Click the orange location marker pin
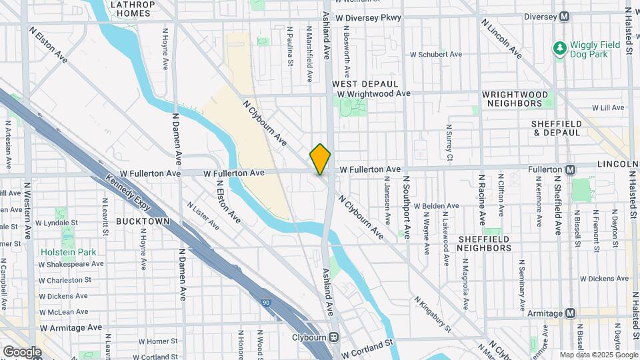click(x=320, y=159)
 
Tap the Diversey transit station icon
click(x=565, y=16)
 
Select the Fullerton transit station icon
click(x=571, y=169)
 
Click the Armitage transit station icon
click(x=571, y=313)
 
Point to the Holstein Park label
click(x=69, y=252)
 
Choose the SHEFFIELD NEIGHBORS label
click(x=484, y=243)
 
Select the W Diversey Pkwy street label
click(x=369, y=18)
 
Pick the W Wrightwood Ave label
click(x=373, y=94)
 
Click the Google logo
click(x=22, y=351)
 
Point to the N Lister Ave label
click(x=203, y=216)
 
